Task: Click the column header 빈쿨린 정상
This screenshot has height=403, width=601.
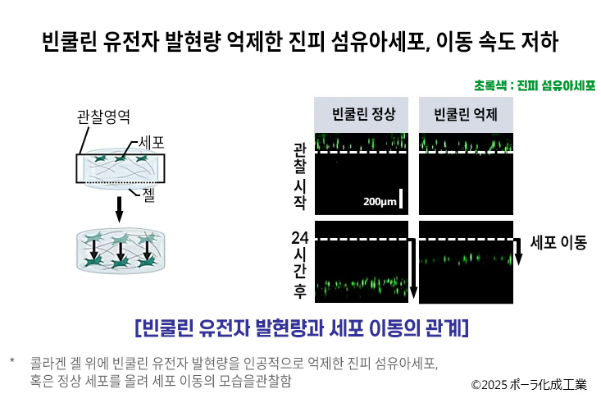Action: pyautogui.click(x=363, y=114)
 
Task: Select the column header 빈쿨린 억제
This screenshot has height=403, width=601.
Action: pyautogui.click(x=466, y=114)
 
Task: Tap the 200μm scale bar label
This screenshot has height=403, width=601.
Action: pyautogui.click(x=380, y=202)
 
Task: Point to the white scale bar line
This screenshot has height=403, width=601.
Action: pyautogui.click(x=401, y=198)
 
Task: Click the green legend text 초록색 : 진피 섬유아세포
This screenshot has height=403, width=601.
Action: pyautogui.click(x=535, y=85)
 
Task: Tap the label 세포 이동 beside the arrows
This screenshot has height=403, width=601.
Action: pyautogui.click(x=558, y=243)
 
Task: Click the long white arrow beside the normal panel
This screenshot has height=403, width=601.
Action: pyautogui.click(x=412, y=268)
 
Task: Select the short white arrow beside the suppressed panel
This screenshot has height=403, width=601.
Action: pyautogui.click(x=518, y=251)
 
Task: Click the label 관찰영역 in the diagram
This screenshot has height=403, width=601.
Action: pyautogui.click(x=103, y=117)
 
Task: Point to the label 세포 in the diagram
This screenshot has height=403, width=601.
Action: pyautogui.click(x=152, y=142)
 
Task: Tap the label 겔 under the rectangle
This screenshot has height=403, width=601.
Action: pyautogui.click(x=148, y=195)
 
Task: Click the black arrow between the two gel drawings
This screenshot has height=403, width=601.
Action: pyautogui.click(x=119, y=209)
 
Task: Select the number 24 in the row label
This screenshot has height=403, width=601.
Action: pyautogui.click(x=300, y=238)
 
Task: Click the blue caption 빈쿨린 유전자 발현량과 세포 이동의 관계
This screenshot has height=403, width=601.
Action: pyautogui.click(x=302, y=327)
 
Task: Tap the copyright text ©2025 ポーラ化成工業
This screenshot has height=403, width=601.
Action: pyautogui.click(x=529, y=384)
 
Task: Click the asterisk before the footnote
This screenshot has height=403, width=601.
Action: pyautogui.click(x=12, y=360)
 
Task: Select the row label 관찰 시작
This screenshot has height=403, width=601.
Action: pyautogui.click(x=300, y=176)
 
